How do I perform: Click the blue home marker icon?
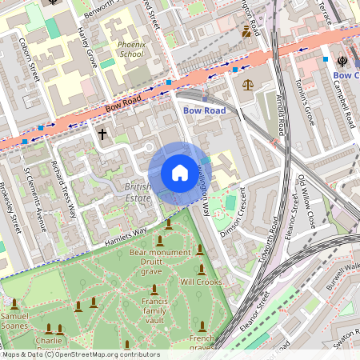tap(180, 173)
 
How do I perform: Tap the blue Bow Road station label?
tap(204, 110)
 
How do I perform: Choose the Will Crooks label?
tap(200, 282)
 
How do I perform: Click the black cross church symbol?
tap(102, 134)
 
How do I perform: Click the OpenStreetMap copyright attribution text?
tap(80, 354)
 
